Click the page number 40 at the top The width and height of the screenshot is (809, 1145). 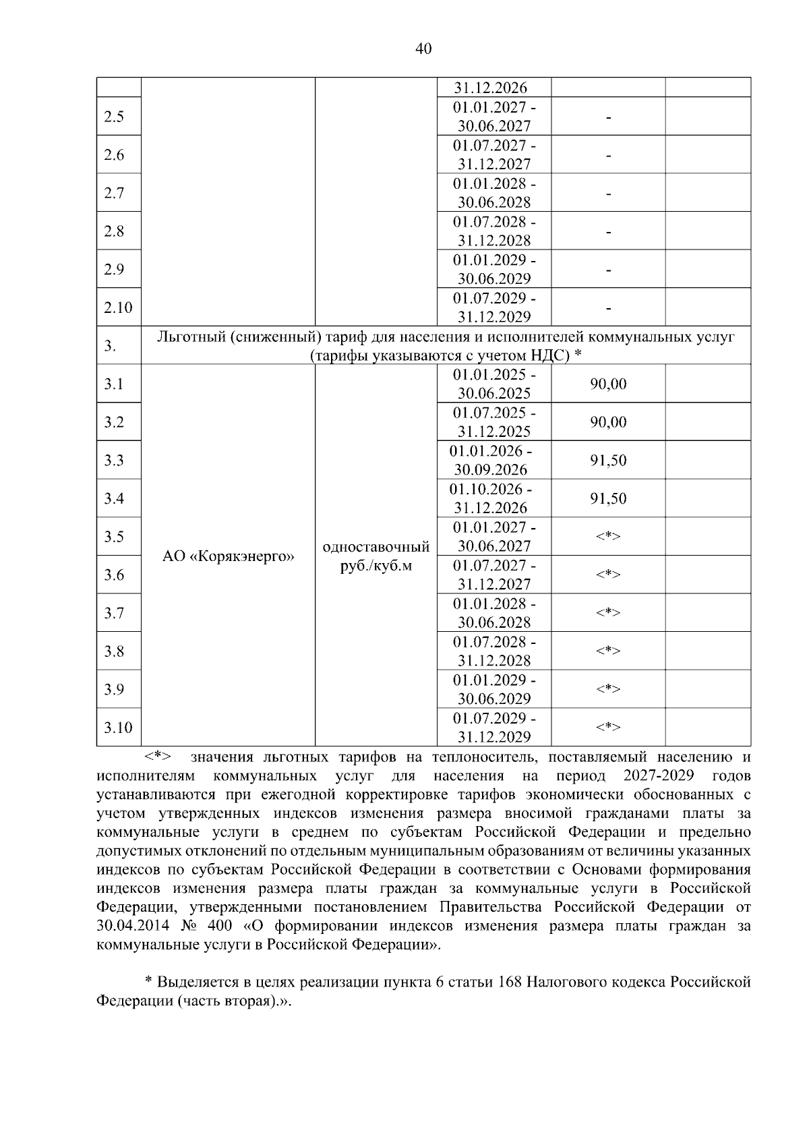tap(423, 49)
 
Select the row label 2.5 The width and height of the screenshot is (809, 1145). tap(114, 117)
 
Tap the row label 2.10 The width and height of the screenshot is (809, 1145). tap(118, 307)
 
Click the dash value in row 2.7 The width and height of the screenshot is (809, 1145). tap(608, 194)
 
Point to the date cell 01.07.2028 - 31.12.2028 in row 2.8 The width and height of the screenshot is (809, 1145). tap(494, 231)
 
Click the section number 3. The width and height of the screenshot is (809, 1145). tap(111, 347)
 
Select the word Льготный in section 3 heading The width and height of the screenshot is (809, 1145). tap(189, 336)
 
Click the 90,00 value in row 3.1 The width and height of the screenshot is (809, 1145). tap(608, 384)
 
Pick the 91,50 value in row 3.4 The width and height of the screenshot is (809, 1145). tap(608, 499)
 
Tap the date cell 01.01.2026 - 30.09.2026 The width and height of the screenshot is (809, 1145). tap(491, 461)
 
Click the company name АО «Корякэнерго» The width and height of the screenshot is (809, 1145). tap(229, 557)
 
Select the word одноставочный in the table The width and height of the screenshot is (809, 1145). tap(376, 546)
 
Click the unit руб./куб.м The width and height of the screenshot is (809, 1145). tap(376, 566)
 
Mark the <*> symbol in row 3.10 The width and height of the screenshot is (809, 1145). tap(608, 727)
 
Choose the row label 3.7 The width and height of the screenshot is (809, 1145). tap(114, 613)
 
